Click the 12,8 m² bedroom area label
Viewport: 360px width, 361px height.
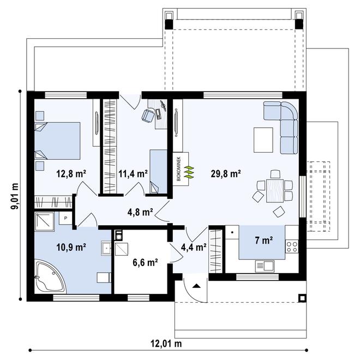(x=71, y=173)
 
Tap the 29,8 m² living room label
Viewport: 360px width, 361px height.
(x=226, y=173)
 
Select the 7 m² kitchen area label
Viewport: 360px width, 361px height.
(x=264, y=240)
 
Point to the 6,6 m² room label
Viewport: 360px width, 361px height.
(x=145, y=262)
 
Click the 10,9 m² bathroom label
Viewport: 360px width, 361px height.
(x=71, y=247)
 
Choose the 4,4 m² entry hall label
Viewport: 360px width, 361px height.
(x=194, y=247)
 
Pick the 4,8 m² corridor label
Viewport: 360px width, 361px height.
(x=140, y=212)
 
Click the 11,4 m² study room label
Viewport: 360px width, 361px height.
(x=133, y=173)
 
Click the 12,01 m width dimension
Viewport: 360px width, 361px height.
(x=166, y=344)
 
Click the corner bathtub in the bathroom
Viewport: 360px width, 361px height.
(x=50, y=276)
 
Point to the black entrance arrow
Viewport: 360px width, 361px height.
(x=196, y=286)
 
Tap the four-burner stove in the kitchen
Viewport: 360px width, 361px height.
(x=292, y=246)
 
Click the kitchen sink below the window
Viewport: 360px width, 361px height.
(x=265, y=266)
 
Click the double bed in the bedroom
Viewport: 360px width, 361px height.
(x=57, y=141)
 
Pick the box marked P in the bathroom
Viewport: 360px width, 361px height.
(x=65, y=218)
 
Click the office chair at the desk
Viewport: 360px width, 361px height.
(x=148, y=115)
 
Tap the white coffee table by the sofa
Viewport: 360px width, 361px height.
(x=263, y=140)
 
